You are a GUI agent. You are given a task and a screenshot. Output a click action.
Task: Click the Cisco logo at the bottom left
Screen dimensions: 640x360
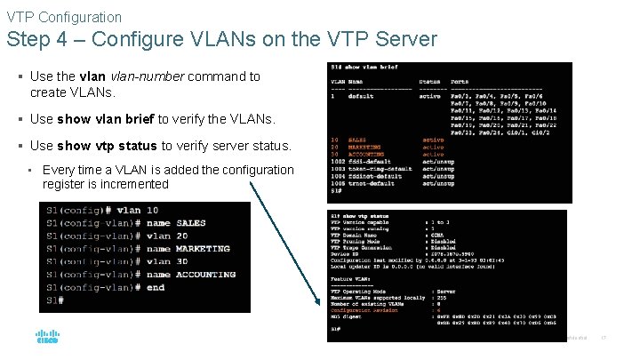coord(47,337)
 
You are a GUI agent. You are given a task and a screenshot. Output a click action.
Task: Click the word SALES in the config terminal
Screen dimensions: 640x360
coord(191,223)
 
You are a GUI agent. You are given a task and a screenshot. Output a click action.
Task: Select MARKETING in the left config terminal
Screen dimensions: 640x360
coord(203,249)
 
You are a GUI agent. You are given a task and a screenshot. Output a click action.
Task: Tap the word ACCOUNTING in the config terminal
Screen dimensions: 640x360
coord(206,275)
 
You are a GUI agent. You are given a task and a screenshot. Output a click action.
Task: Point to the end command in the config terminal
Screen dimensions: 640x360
coord(156,287)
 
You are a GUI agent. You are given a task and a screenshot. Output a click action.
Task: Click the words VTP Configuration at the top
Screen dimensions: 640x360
coord(64,17)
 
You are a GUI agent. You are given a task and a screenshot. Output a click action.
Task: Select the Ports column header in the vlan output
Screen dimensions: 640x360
coord(460,82)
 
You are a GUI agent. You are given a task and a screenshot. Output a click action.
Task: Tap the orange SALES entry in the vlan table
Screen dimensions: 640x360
coord(356,140)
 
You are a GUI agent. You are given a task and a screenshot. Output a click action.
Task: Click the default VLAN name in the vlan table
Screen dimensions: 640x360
coord(360,96)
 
